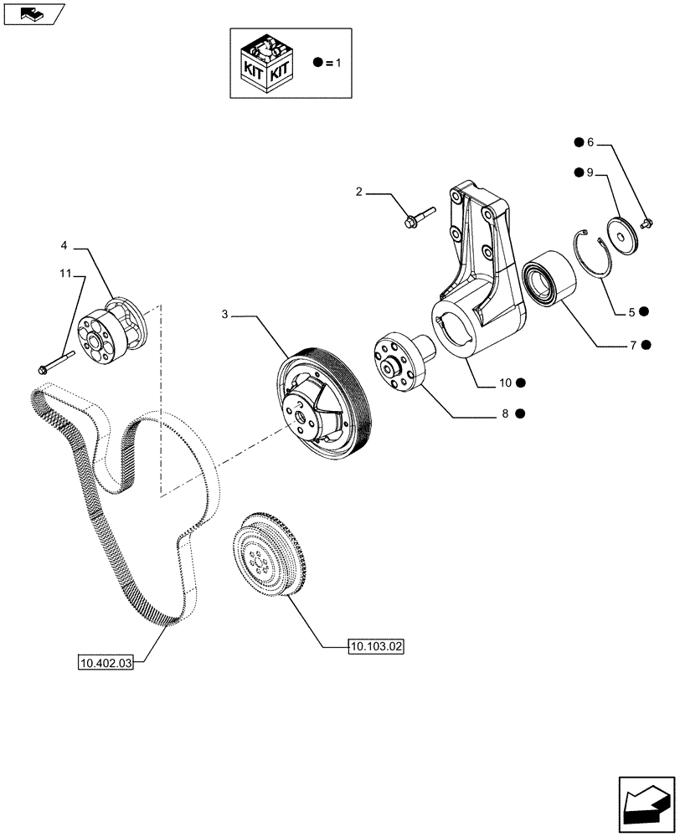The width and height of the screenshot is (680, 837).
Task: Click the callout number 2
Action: point(359,193)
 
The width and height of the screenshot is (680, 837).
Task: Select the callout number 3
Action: point(224,315)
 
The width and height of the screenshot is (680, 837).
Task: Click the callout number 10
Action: point(506,383)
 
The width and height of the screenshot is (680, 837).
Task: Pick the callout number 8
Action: point(506,413)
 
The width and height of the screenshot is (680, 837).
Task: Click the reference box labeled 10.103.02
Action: point(376,646)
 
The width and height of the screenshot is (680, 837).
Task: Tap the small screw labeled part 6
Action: point(647,223)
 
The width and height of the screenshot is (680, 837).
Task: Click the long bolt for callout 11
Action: point(56,362)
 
